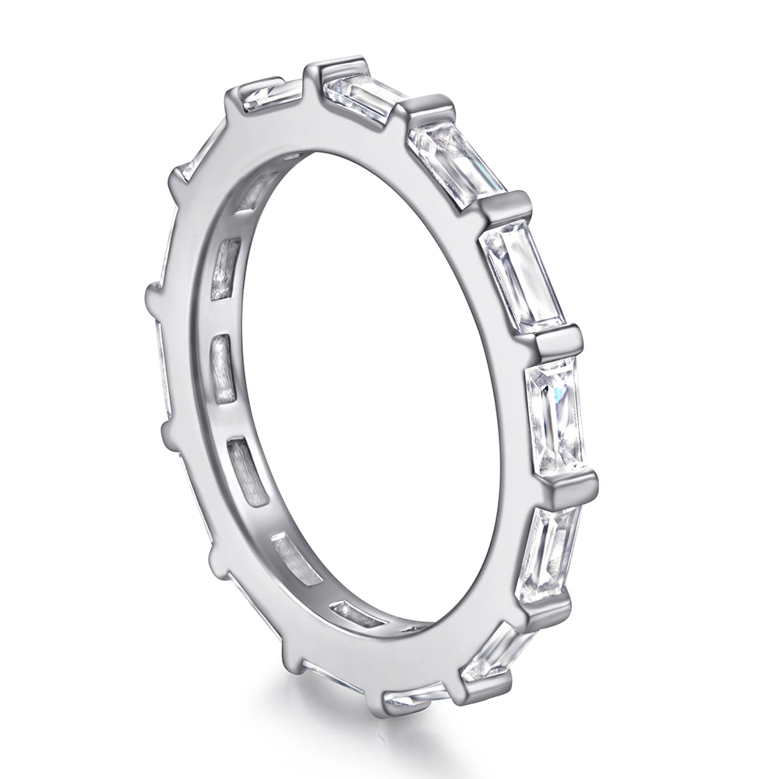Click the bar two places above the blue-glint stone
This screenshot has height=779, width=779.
pos(507,206)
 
